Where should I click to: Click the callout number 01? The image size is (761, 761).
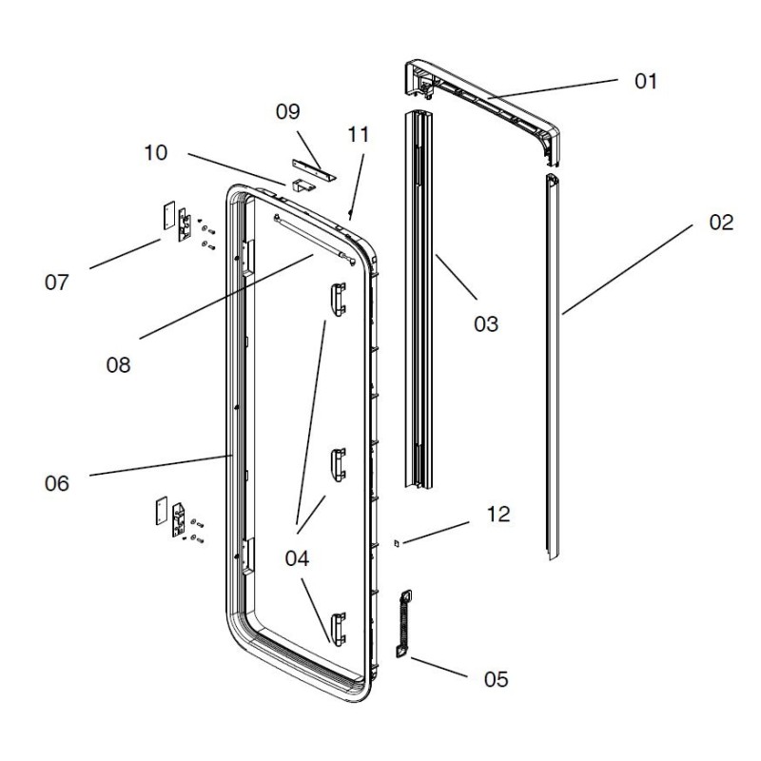pyautogui.click(x=646, y=81)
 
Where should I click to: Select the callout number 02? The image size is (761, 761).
pyautogui.click(x=721, y=224)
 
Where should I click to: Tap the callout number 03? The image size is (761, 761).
pyautogui.click(x=485, y=324)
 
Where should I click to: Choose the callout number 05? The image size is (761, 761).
pyautogui.click(x=495, y=679)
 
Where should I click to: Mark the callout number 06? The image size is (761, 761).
pyautogui.click(x=57, y=483)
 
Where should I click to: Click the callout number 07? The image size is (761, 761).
pyautogui.click(x=57, y=283)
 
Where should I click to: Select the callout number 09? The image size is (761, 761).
pyautogui.click(x=288, y=111)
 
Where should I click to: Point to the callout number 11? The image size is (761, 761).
pyautogui.click(x=358, y=134)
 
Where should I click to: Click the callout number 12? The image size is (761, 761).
pyautogui.click(x=498, y=515)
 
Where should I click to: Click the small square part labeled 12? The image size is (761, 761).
pyautogui.click(x=398, y=544)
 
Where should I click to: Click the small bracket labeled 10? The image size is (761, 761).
pyautogui.click(x=302, y=187)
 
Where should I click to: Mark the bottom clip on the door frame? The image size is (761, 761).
pyautogui.click(x=337, y=627)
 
